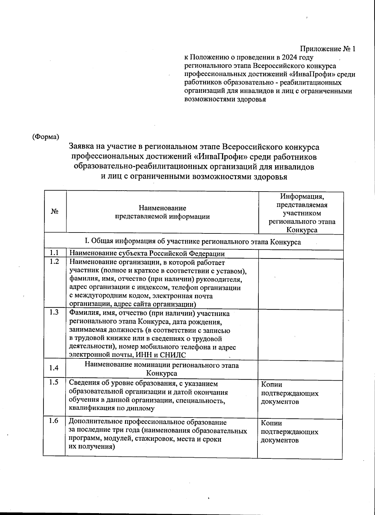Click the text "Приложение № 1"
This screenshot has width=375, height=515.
(328, 49)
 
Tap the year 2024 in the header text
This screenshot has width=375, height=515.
(289, 57)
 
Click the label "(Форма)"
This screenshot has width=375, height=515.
(46, 137)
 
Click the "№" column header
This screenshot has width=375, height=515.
(55, 212)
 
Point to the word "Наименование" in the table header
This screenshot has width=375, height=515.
(162, 208)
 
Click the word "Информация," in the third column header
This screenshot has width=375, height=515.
(302, 197)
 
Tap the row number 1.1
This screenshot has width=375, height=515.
(55, 253)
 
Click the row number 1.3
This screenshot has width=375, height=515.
(55, 313)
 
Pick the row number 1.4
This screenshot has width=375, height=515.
(54, 368)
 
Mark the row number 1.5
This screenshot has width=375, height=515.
(54, 382)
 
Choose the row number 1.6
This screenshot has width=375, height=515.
(54, 421)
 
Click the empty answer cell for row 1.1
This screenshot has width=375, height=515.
(301, 254)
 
